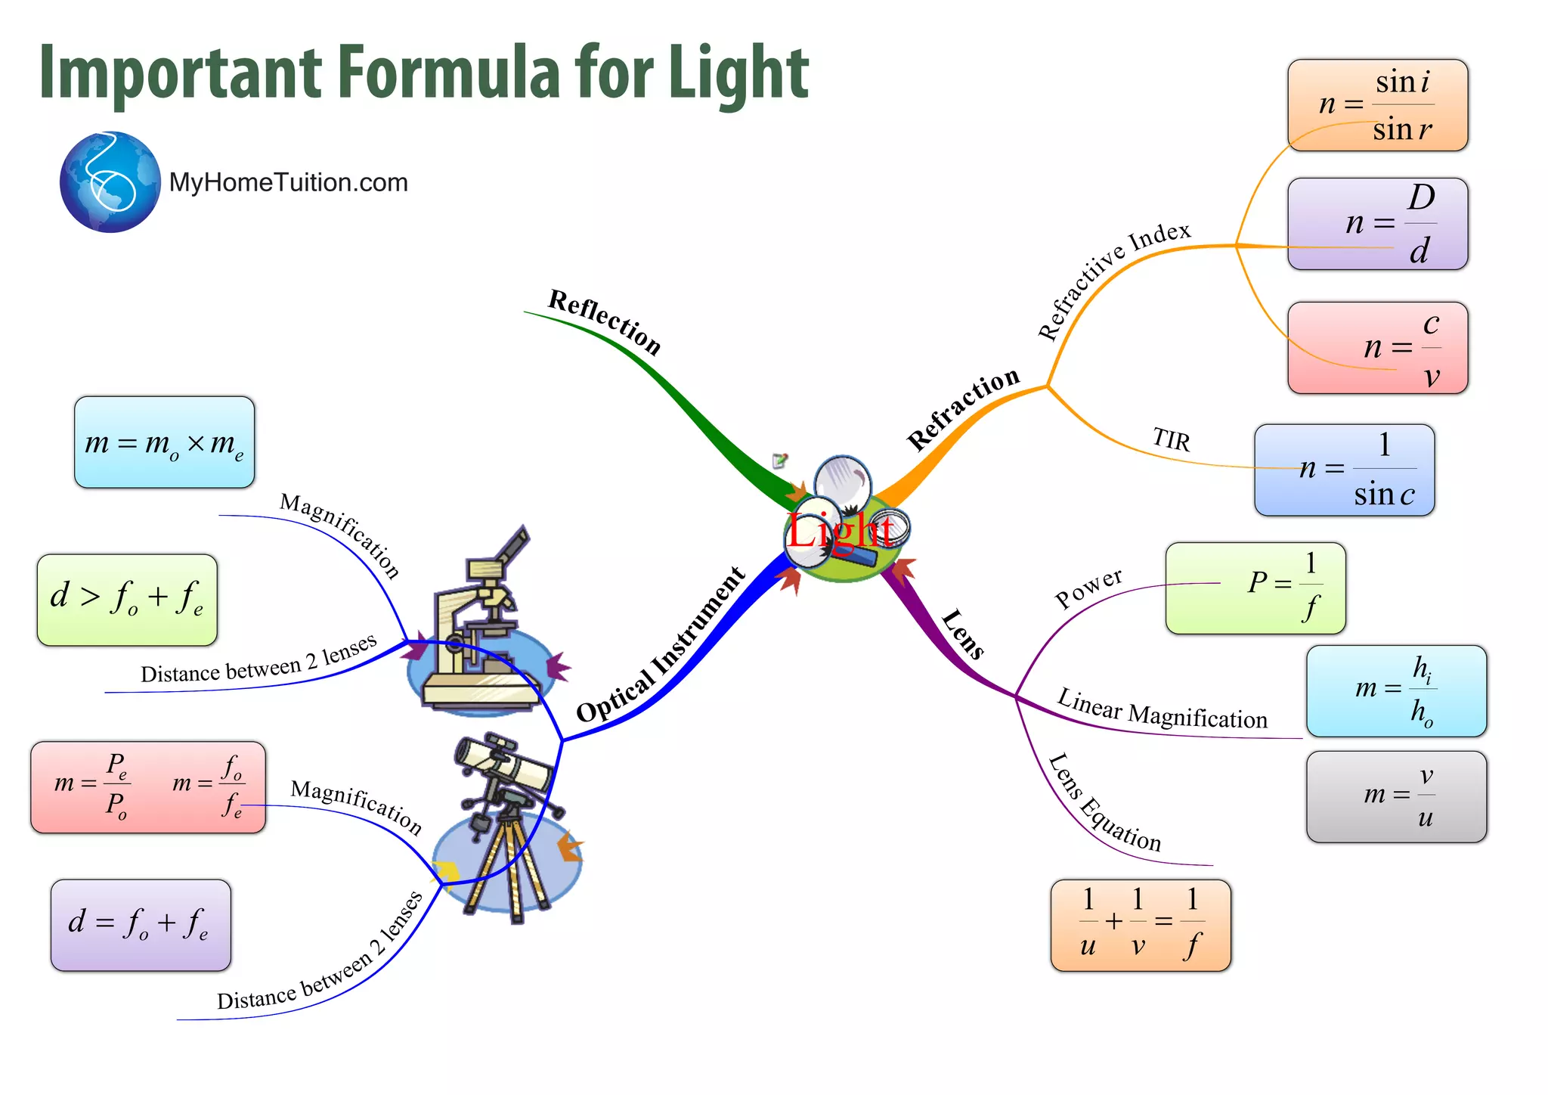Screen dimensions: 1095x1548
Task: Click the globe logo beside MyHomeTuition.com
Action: tap(110, 182)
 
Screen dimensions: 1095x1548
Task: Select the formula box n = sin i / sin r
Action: tap(1377, 105)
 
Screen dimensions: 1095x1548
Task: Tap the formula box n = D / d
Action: tap(1377, 224)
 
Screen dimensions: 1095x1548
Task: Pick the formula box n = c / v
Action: tap(1377, 348)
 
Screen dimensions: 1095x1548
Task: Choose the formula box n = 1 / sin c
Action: tap(1344, 470)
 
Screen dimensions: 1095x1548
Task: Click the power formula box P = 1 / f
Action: tap(1255, 588)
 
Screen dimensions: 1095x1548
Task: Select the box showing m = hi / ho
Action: tap(1396, 690)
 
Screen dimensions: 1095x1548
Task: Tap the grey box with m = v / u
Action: tap(1396, 796)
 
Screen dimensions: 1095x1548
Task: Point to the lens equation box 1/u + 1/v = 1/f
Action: tap(1140, 925)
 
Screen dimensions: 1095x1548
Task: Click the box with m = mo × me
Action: tap(164, 442)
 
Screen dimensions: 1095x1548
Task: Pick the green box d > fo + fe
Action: tap(127, 600)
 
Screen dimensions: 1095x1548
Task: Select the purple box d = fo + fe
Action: tap(141, 925)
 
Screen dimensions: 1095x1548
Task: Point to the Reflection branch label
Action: tap(604, 322)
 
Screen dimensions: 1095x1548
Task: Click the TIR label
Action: tap(1171, 439)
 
